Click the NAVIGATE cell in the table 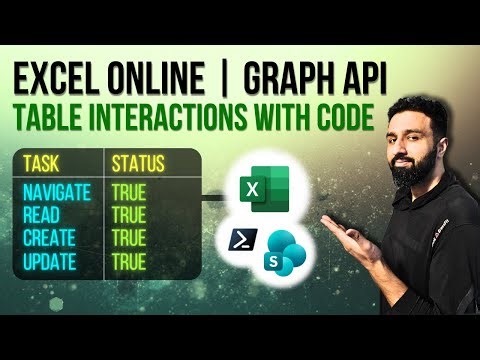coord(57,191)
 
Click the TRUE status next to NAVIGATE coord(130,191)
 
